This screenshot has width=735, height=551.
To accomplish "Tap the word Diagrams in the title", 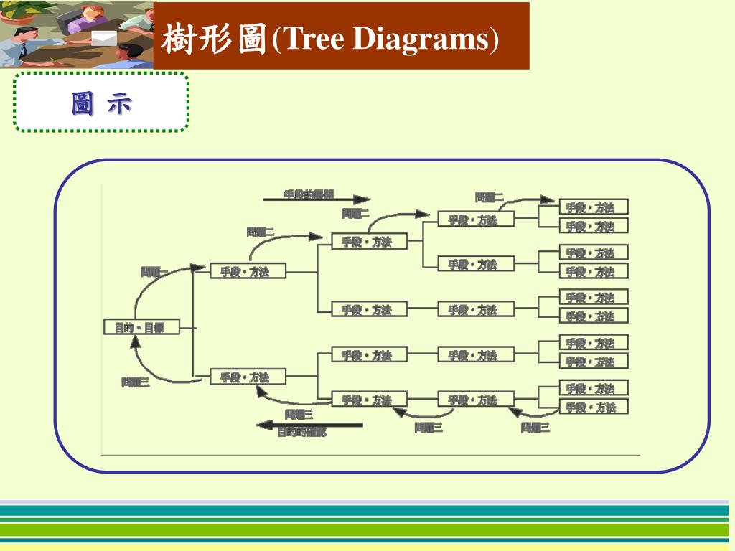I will tap(421, 40).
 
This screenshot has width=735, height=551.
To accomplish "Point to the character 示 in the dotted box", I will tap(119, 104).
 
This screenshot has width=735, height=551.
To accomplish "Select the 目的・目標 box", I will tap(140, 328).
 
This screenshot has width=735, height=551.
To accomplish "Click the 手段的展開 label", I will tap(309, 194).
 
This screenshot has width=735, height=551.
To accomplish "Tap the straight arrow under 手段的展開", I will tap(317, 200).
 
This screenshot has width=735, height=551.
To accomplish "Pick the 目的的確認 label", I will tap(301, 433).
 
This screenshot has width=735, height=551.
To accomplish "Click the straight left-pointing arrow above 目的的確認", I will tap(309, 425).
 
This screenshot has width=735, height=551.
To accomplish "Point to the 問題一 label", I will tap(154, 272).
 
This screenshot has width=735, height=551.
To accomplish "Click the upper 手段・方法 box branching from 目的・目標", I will tap(248, 271).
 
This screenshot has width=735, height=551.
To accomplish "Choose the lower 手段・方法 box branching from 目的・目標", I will tap(248, 377).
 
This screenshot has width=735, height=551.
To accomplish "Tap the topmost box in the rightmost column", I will tap(594, 207).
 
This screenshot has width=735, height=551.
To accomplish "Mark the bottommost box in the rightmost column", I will tap(594, 407).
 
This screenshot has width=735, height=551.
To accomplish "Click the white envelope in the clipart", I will tap(104, 38).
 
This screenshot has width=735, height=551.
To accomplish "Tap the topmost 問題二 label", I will tap(489, 197).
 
